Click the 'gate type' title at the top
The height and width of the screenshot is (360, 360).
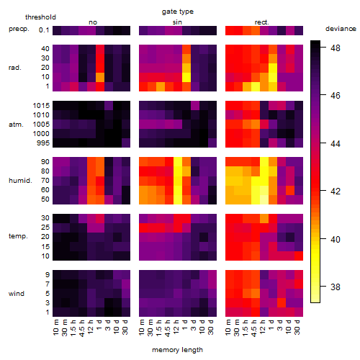click(x=178, y=12)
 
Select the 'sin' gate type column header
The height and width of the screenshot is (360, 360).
click(x=177, y=22)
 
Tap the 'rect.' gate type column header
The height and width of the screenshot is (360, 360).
click(x=261, y=22)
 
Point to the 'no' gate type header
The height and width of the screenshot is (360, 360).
click(x=93, y=22)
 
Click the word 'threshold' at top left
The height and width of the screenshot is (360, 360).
click(x=40, y=17)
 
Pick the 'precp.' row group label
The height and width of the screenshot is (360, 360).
click(x=19, y=29)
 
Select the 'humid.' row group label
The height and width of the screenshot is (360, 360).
click(x=20, y=180)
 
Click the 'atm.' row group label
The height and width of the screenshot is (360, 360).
click(x=16, y=125)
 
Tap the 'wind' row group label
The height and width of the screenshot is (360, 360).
click(x=17, y=294)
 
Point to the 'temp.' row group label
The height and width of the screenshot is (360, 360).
click(x=18, y=236)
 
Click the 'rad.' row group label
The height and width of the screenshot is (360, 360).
click(x=15, y=68)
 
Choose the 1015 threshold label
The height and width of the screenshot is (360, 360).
click(x=41, y=105)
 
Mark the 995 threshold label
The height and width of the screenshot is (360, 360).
click(x=43, y=143)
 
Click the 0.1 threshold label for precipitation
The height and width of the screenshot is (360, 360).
click(x=44, y=30)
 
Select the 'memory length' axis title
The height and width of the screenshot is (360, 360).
click(x=177, y=350)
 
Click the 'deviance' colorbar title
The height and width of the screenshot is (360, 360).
click(x=341, y=29)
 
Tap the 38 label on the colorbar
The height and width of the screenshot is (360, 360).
click(x=336, y=287)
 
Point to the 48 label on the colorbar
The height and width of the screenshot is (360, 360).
click(x=336, y=48)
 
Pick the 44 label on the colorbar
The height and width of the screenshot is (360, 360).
click(x=336, y=143)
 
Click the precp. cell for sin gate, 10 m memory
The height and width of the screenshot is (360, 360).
click(x=143, y=31)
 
